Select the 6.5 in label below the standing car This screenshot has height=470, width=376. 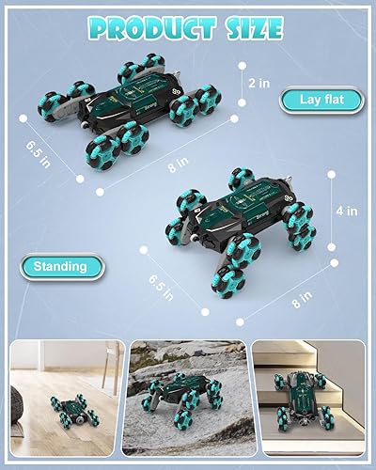pos(161,286)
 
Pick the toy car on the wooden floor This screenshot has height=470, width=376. pos(73,409)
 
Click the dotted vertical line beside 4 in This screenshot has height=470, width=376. pos(332,211)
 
